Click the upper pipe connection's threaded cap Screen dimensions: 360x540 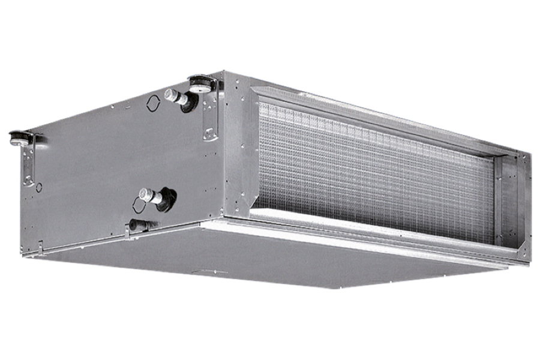click(x=171, y=95)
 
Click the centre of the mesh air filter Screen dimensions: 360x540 click(x=375, y=171)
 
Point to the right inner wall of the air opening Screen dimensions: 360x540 click(x=503, y=201)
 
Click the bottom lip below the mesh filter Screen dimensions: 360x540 click(x=372, y=231)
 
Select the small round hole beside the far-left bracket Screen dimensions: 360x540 click(x=39, y=188)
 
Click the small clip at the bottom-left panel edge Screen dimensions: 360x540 click(x=40, y=245)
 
